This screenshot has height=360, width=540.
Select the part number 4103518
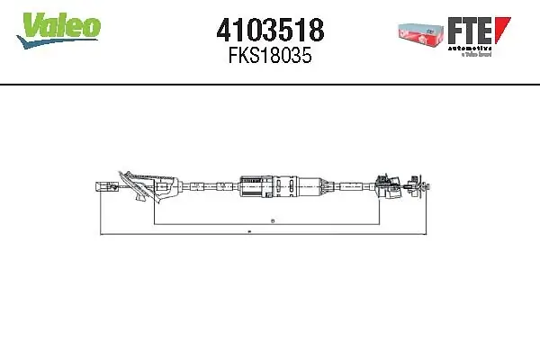coord(270,31)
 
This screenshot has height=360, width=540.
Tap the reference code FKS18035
coord(270,56)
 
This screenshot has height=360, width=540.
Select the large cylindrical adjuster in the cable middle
coord(279,185)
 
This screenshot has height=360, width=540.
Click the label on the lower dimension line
coord(248,232)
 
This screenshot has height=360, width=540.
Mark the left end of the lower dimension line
coord(97,234)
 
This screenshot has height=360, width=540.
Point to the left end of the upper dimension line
coord(154,222)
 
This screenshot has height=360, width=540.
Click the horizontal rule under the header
coord(270,84)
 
